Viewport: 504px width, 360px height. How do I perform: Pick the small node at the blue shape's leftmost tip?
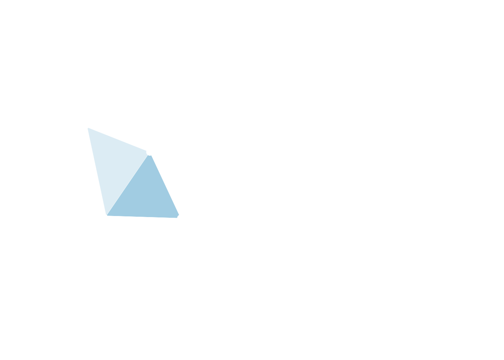click(87, 127)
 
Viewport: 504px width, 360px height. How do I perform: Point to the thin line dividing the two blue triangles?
click(128, 184)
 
